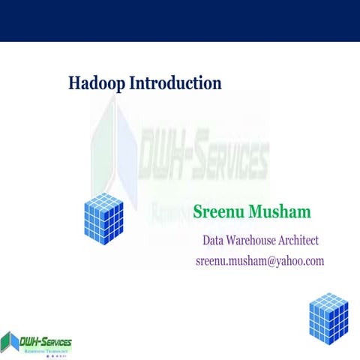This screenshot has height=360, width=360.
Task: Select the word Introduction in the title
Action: [175, 82]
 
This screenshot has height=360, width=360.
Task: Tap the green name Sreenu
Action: [220, 212]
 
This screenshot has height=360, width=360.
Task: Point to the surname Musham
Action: [281, 212]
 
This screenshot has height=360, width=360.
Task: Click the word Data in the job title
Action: [214, 241]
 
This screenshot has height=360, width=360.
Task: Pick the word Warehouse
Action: [259, 241]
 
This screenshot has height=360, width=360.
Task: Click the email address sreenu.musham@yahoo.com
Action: [259, 261]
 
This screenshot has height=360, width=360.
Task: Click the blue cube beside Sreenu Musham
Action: [104, 218]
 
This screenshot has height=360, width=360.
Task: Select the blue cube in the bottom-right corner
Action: [328, 316]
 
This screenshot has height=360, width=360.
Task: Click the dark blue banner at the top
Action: [180, 20]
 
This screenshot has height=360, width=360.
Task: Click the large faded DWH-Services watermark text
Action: [202, 159]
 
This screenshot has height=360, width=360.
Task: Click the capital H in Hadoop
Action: [74, 82]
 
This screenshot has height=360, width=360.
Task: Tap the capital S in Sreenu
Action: [199, 212]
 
